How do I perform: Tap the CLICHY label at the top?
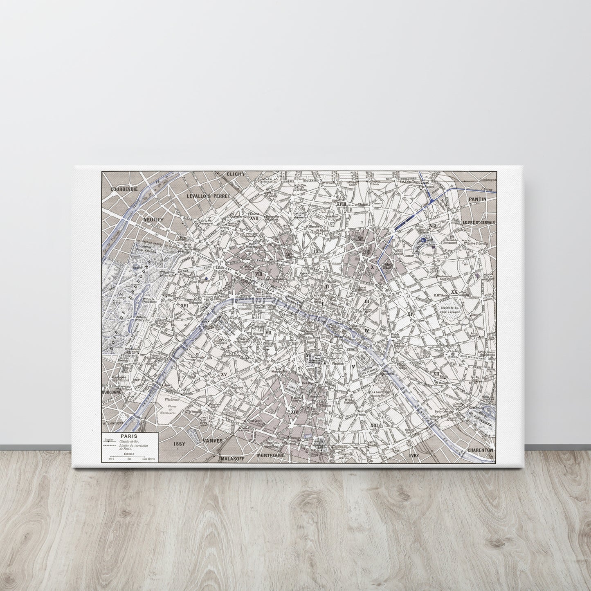click(236, 174)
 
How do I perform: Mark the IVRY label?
click(415, 455)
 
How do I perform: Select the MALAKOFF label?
click(232, 459)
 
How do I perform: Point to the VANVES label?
click(213, 441)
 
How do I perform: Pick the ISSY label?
click(180, 443)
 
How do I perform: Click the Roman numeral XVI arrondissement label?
click(184, 305)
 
